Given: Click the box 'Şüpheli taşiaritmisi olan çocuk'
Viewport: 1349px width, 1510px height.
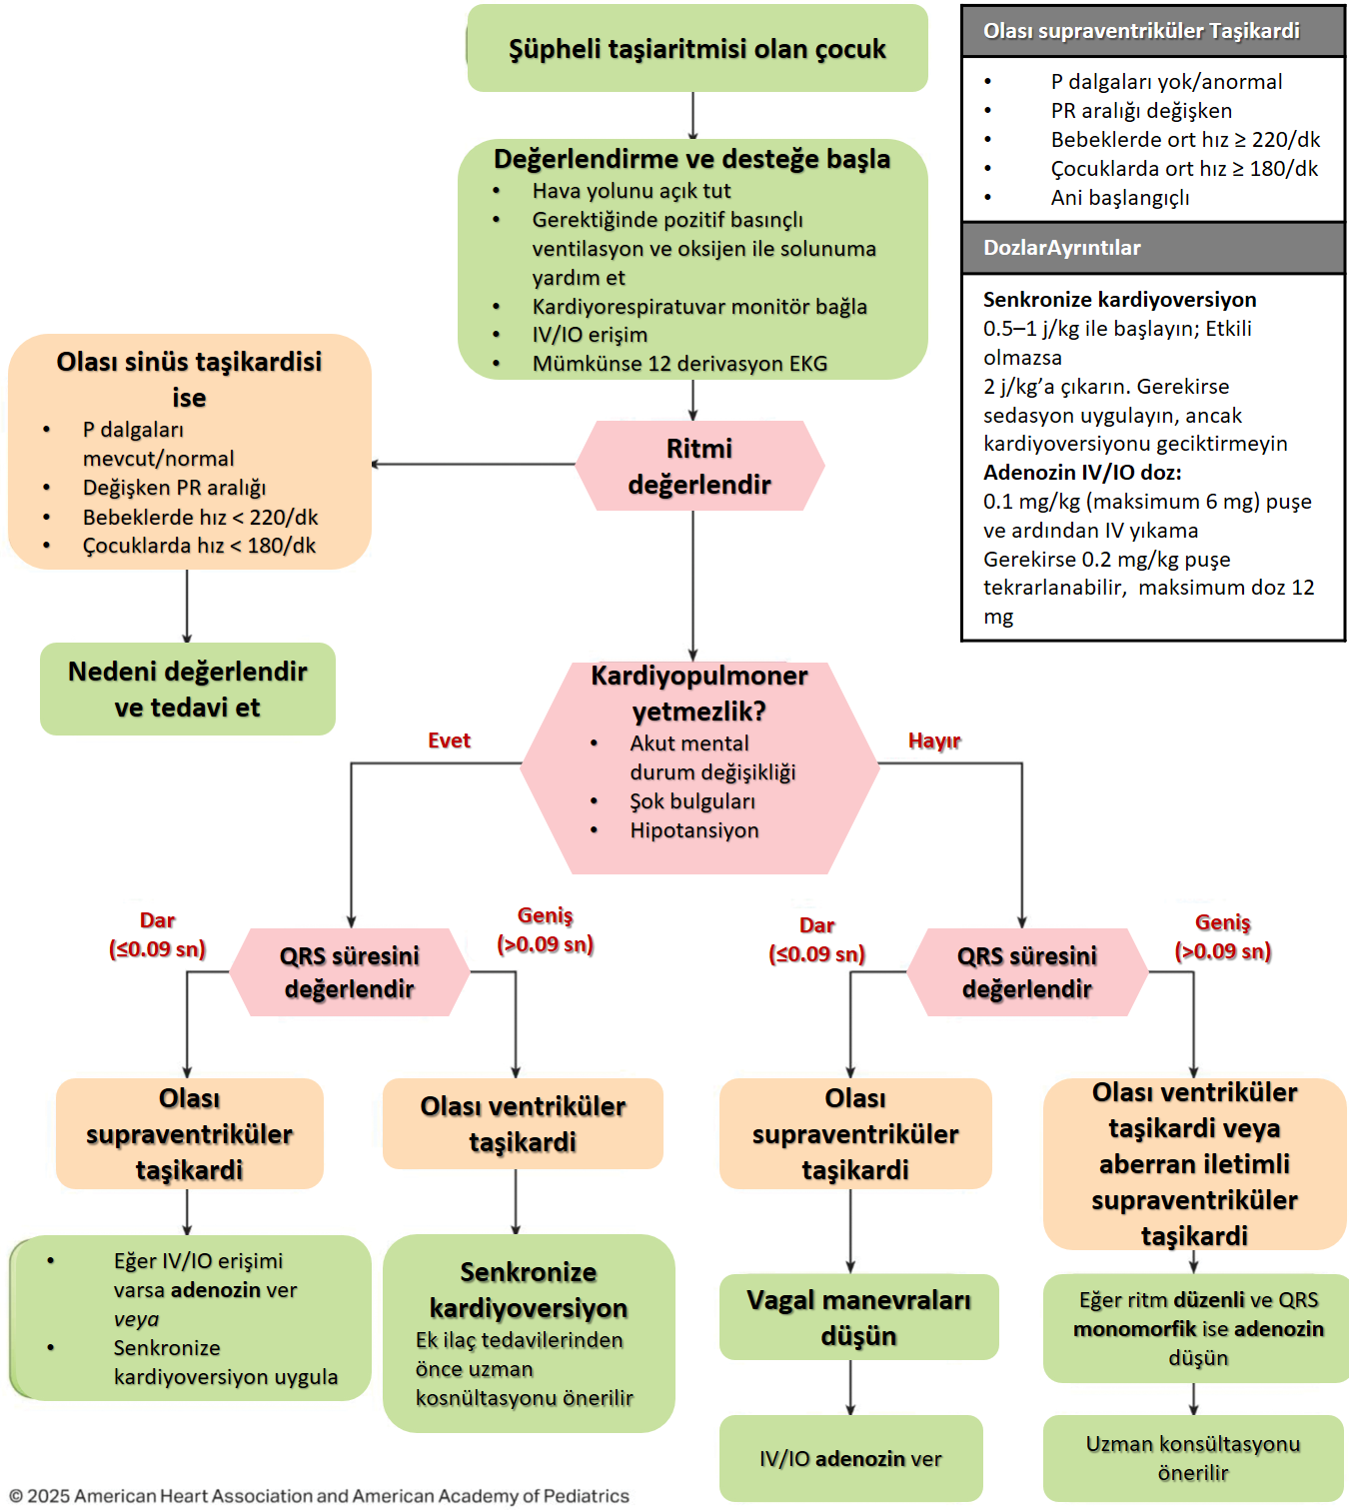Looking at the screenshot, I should (696, 49).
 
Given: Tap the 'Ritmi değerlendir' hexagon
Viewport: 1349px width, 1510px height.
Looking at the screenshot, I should (699, 466).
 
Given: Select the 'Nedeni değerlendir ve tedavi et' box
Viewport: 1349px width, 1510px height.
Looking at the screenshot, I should (188, 689).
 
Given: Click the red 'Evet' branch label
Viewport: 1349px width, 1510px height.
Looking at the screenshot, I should (449, 741).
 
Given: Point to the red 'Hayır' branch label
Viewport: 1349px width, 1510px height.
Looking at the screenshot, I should (934, 741).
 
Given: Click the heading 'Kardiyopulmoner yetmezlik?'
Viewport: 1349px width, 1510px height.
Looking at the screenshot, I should (699, 693).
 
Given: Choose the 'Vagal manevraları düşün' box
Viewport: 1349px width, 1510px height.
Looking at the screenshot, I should (858, 1317).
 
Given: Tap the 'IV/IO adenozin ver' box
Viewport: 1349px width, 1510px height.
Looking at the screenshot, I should (850, 1458).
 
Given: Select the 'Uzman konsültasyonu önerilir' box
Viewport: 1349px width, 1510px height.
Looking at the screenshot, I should (1193, 1458).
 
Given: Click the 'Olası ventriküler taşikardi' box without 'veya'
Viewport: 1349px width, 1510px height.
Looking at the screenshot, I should (523, 1123).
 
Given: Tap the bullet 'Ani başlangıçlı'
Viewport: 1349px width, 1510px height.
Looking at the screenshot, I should (1120, 198).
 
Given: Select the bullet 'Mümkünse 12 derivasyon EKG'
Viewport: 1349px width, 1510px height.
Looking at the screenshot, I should (679, 364).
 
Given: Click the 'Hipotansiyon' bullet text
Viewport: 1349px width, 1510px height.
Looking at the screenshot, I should (694, 830).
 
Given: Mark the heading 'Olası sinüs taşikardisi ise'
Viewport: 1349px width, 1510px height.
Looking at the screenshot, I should (189, 379).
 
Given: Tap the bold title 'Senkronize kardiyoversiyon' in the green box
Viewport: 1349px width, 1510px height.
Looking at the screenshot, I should (529, 1289).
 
